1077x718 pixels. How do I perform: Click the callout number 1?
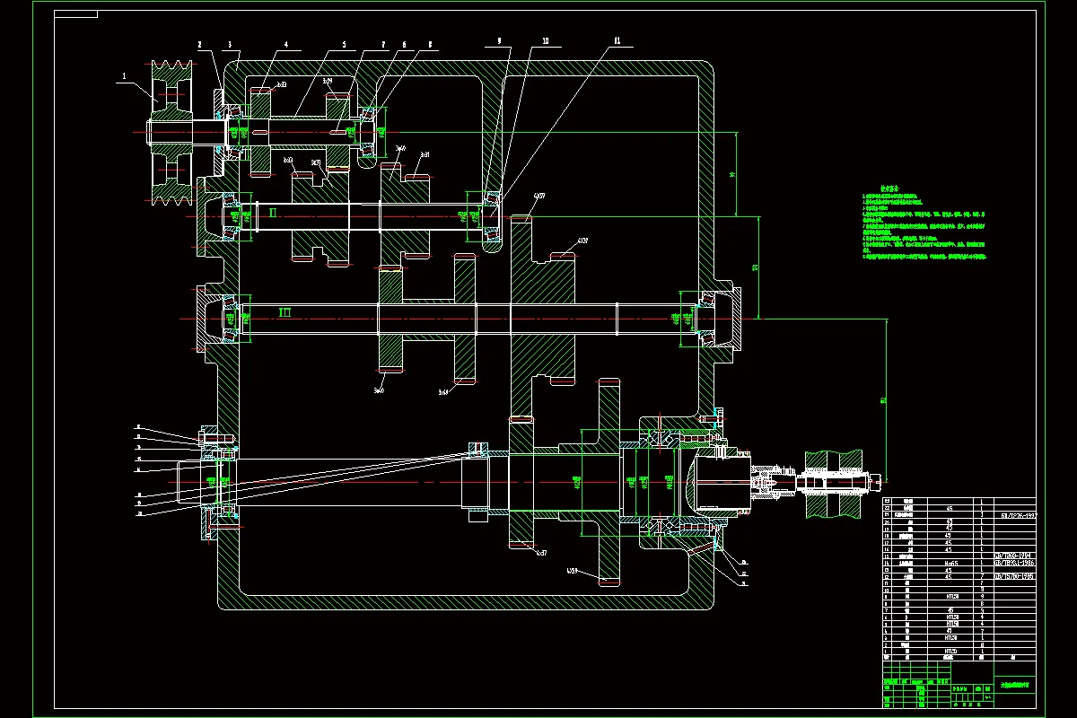(x=122, y=77)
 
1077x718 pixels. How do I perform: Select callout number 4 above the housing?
(x=286, y=44)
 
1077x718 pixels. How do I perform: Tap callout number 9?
(x=499, y=40)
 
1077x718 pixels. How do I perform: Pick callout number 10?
(x=545, y=40)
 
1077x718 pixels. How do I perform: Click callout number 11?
(x=617, y=40)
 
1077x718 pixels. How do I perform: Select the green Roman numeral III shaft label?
(x=285, y=312)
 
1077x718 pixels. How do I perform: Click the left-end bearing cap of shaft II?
(x=210, y=215)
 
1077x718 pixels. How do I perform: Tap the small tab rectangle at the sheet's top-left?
(x=76, y=14)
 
